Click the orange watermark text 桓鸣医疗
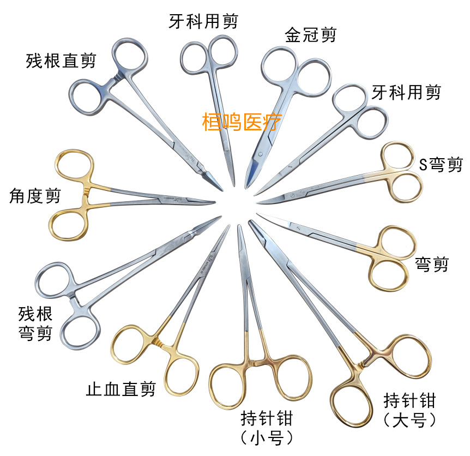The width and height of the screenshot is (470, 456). point(242,122)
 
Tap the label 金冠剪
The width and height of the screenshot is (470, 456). point(311,35)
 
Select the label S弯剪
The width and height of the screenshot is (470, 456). point(441,165)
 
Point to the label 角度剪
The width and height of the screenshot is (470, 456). point(35,196)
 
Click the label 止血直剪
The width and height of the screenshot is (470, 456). point(121,389)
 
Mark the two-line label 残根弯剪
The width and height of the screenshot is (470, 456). point(35,323)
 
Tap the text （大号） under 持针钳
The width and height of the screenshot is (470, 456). point(409,420)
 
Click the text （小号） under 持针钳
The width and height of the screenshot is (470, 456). point(267,438)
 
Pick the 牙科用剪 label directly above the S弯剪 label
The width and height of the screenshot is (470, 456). point(406,92)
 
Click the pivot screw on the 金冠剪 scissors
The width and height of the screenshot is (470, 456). point(260,154)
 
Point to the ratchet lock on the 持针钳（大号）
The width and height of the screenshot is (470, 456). point(362,364)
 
